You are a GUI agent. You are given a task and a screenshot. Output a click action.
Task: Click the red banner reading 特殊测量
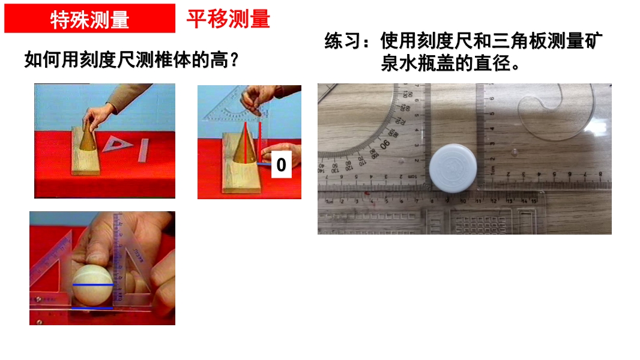tap(90, 19)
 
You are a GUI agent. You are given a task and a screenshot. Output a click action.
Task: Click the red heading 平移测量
tap(229, 19)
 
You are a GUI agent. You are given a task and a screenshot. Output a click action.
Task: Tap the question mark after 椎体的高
tap(234, 60)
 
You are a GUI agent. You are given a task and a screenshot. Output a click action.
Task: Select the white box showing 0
tap(281, 164)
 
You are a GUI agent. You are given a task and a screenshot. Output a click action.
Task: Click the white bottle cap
tap(453, 168)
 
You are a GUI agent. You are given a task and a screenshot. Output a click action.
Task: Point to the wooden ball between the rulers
tap(92, 285)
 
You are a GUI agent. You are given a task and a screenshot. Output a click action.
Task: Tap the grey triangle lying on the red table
tap(118, 144)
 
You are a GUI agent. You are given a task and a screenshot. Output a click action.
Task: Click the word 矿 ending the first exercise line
tap(593, 41)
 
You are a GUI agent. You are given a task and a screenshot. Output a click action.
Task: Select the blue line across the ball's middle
tap(92, 284)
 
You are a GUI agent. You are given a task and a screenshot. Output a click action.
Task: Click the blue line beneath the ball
tap(92, 308)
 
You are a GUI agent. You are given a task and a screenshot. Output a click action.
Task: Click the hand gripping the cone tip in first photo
tap(98, 115)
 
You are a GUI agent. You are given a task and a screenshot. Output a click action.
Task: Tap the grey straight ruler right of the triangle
tap(143, 151)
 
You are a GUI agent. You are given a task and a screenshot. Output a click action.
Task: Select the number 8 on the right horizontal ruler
tap(600, 174)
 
